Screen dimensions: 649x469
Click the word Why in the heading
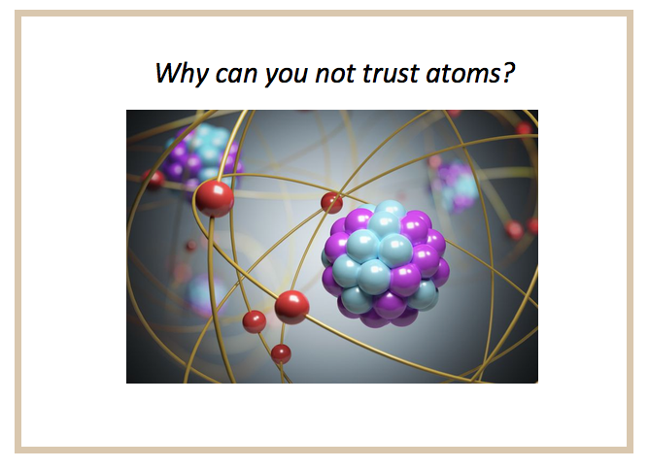pos(182,73)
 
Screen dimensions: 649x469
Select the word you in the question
pos(287,76)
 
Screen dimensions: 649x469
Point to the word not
pos(335,74)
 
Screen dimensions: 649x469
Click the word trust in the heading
pos(391,73)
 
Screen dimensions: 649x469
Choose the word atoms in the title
pos(462,74)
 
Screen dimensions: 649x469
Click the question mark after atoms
pos(508,73)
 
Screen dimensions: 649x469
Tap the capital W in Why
pos(170,73)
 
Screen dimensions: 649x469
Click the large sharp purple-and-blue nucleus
pos(386,263)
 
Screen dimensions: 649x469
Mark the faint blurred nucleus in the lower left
pos(206,294)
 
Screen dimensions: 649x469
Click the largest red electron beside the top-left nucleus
pos(215,198)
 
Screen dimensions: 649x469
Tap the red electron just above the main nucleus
pos(331,203)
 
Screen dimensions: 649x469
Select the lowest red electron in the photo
pos(281,354)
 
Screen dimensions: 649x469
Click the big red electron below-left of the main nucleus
pos(291,307)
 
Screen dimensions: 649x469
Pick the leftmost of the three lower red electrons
pos(255,321)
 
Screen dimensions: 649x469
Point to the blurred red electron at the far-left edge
pos(154,180)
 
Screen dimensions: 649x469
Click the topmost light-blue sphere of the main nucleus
pos(390,209)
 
